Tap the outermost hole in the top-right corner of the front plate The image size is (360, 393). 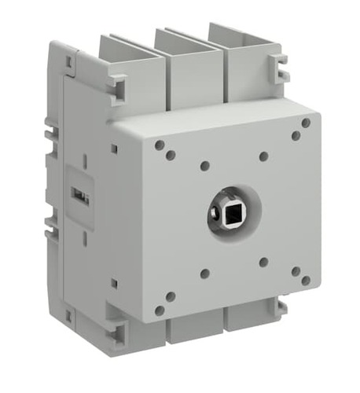point(305,123)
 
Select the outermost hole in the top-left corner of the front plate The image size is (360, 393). point(160,145)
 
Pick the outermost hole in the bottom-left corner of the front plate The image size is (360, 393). point(160,310)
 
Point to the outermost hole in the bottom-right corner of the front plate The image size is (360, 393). point(305,280)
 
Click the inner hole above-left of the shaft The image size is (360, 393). point(204,166)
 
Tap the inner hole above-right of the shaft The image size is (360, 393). point(263,156)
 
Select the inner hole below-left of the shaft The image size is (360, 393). point(204,274)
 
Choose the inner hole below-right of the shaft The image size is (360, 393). point(263,262)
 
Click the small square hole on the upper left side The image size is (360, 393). point(114,147)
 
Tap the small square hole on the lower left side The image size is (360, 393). point(114,282)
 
